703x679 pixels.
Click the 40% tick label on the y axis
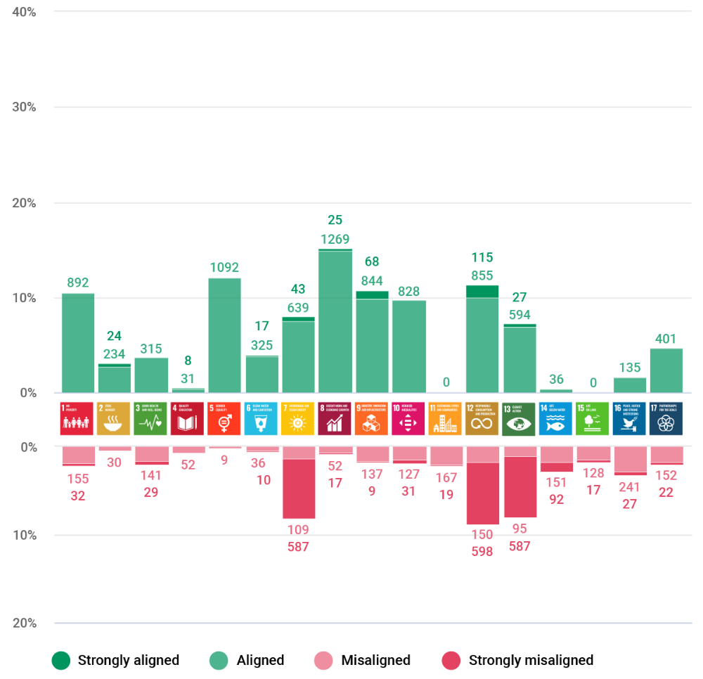25,12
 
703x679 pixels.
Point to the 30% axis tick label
25,107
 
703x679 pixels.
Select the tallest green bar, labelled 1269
335,321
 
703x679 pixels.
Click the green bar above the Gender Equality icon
224,335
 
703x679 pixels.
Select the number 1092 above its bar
224,267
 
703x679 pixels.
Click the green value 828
408,290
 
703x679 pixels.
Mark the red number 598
482,552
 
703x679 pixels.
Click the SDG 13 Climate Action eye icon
518,419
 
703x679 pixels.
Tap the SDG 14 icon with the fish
555,419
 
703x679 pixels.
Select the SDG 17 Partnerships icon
666,419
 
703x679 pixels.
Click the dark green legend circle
61,661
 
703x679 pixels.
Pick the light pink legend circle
323,661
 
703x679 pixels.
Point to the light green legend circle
219,661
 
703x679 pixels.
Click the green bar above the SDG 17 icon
666,370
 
